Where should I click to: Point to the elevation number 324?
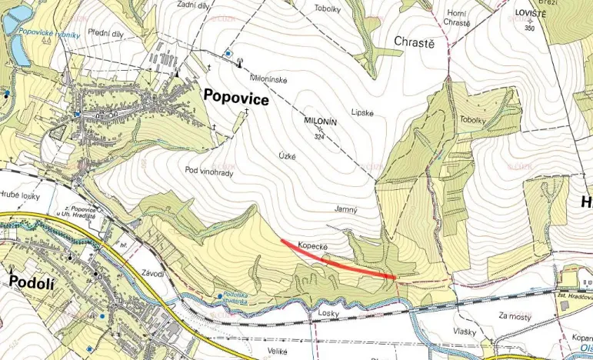(320, 137)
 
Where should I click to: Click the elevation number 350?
(529, 28)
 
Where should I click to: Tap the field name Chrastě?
(414, 42)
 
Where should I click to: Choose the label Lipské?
(361, 112)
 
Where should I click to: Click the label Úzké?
(287, 155)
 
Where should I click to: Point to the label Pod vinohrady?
(208, 172)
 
